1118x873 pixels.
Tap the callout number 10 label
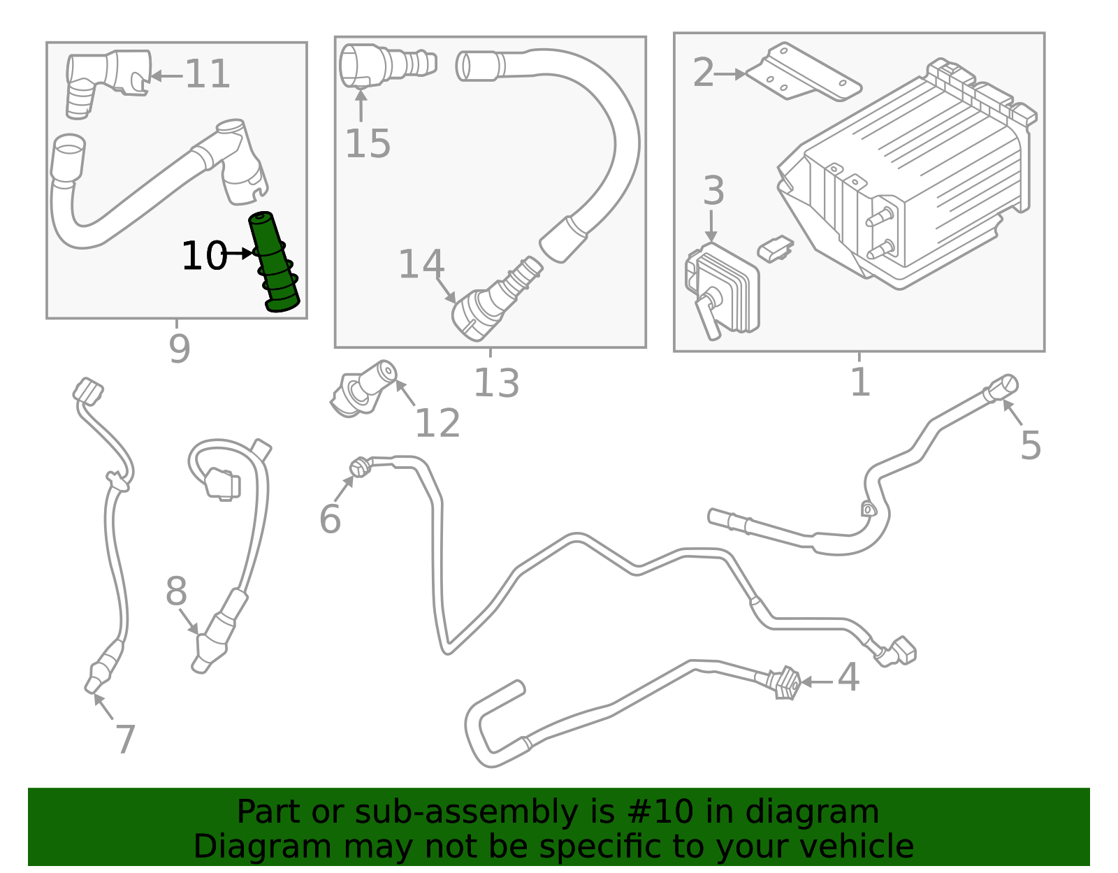coord(203,256)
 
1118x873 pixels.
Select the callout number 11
coord(208,75)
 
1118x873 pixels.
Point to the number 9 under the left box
coord(179,349)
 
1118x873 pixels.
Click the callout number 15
coord(368,145)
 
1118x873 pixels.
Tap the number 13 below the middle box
coord(496,383)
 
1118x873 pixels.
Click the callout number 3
coord(713,191)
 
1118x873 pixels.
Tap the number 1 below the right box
coord(860,382)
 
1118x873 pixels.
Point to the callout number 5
coord(1031,445)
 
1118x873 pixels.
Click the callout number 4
coord(848,678)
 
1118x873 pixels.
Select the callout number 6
coord(330,519)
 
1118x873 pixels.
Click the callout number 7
coord(125,739)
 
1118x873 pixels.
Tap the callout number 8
coord(176,592)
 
